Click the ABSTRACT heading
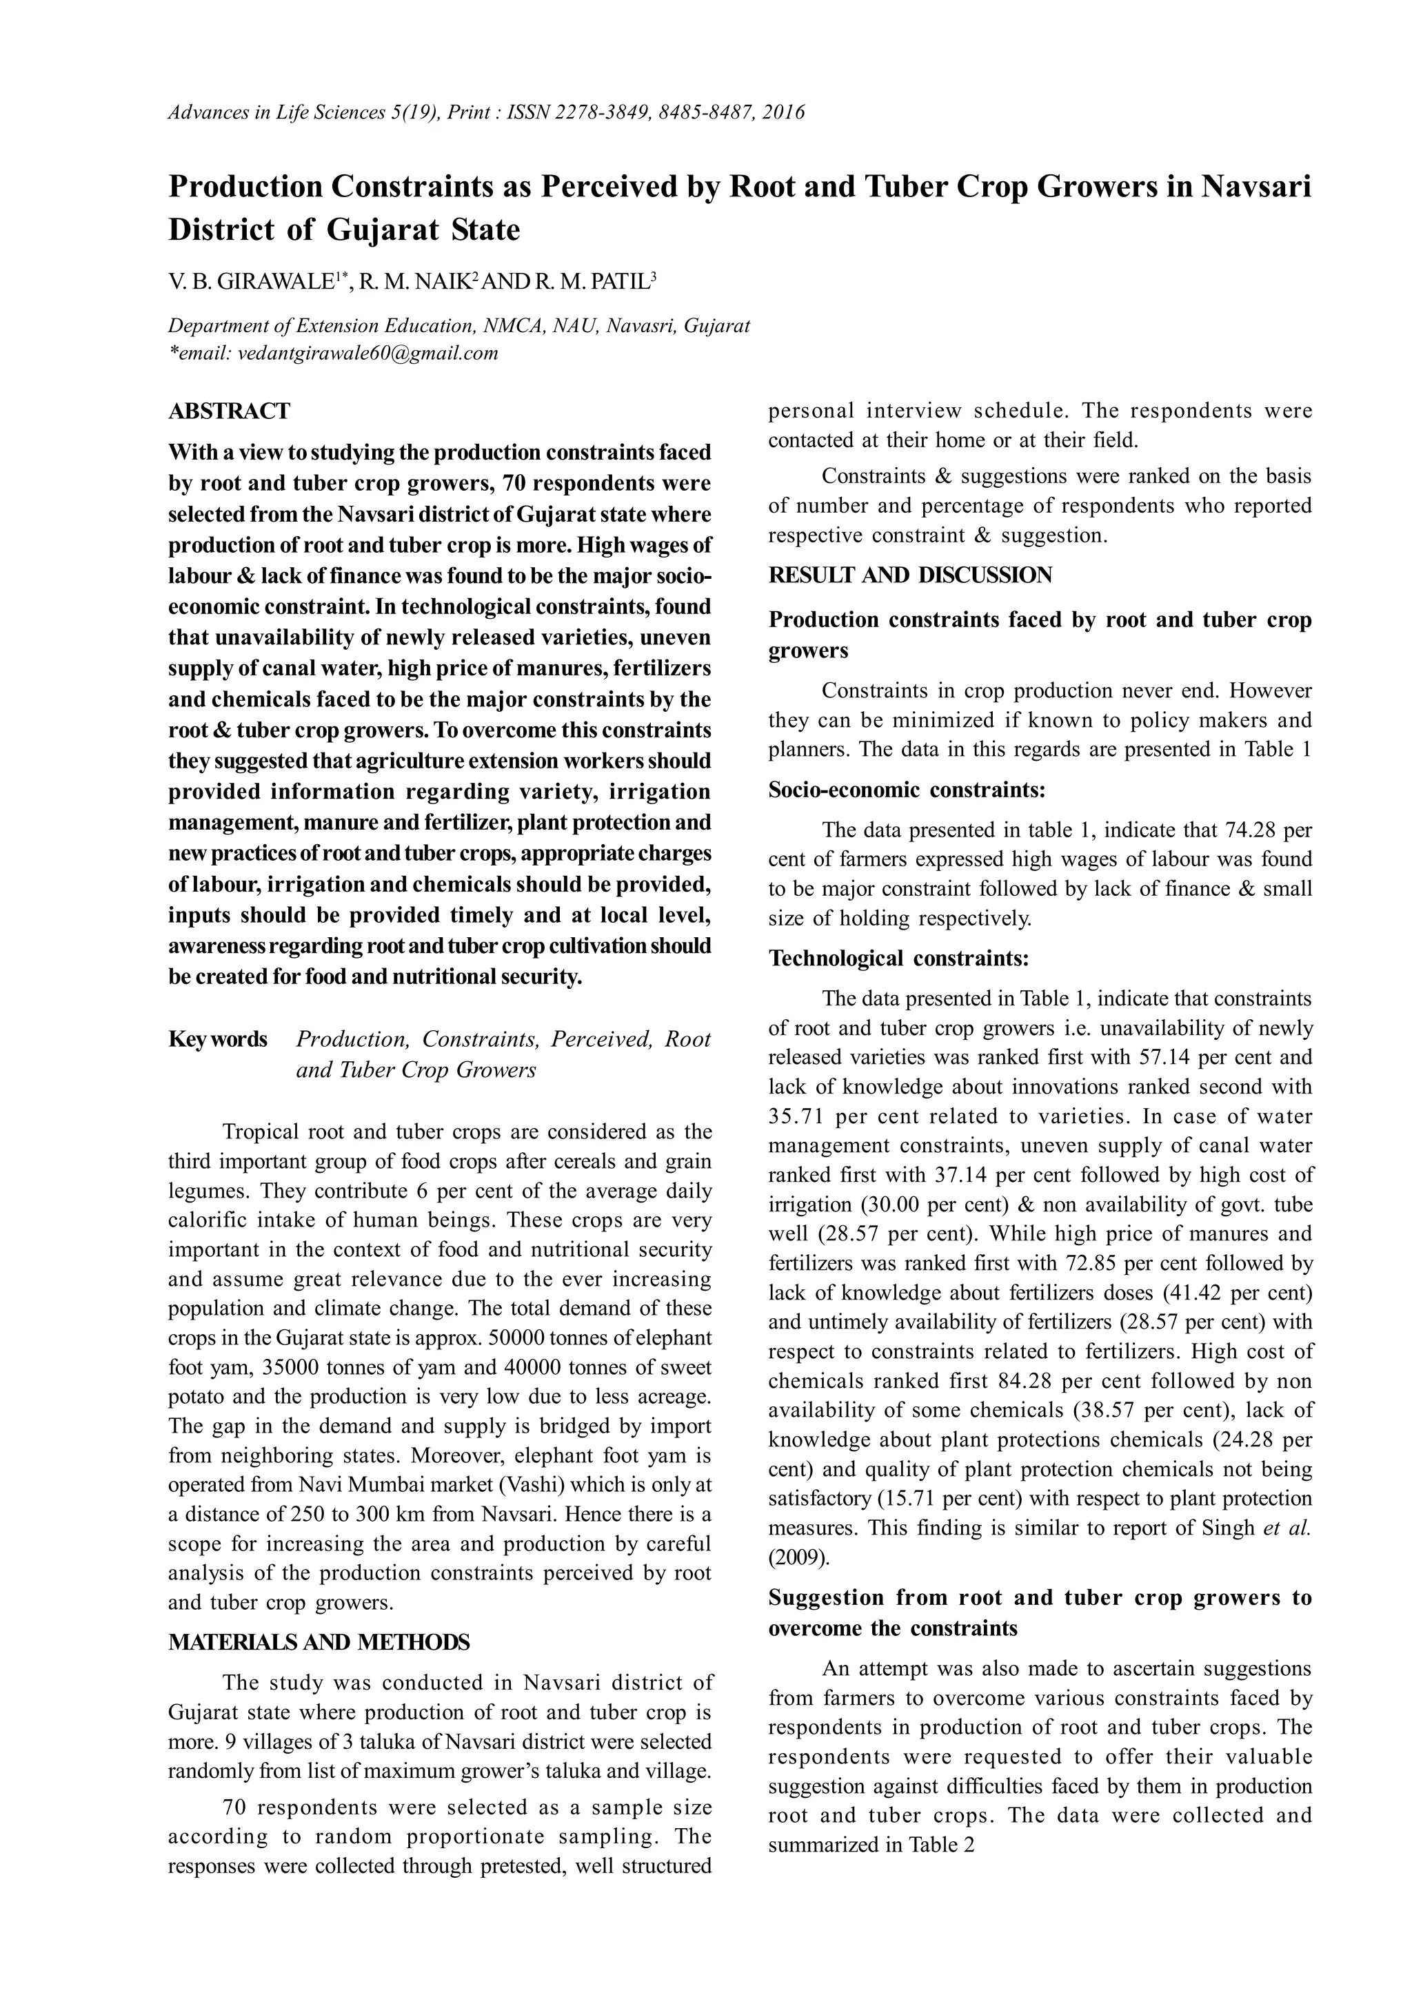[229, 411]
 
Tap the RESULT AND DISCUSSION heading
[910, 575]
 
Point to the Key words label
[217, 1039]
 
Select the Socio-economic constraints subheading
[907, 790]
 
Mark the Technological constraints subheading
[899, 959]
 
